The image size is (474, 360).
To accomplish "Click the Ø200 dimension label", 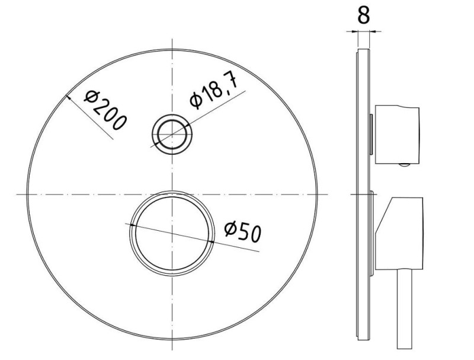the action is click(105, 110).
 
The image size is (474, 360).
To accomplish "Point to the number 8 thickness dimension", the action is click(363, 15).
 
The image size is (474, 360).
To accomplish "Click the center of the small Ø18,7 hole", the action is click(172, 134).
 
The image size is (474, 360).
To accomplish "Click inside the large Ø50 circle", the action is click(172, 233).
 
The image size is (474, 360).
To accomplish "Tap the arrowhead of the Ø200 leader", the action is click(68, 97).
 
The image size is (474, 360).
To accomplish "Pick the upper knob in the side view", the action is click(397, 135).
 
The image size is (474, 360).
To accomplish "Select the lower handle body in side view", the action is click(399, 233).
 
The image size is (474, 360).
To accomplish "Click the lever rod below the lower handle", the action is click(405, 309).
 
